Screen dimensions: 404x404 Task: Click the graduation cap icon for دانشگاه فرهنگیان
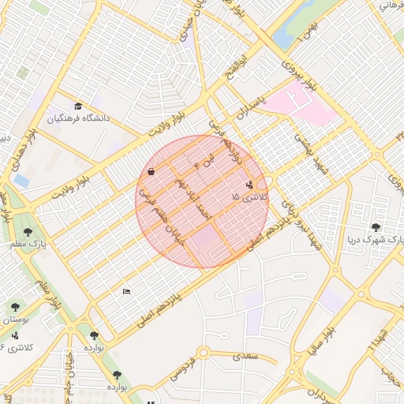tap(78, 107)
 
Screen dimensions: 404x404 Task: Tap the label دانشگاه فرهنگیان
tap(80, 119)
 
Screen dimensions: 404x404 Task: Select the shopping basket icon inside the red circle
tap(151, 170)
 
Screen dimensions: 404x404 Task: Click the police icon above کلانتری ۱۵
tap(250, 185)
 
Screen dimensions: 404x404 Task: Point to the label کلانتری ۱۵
tap(250, 196)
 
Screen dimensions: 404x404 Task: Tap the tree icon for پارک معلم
tap(28, 232)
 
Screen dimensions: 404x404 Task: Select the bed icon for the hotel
tap(126, 292)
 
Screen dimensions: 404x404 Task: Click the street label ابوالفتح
tap(241, 64)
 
